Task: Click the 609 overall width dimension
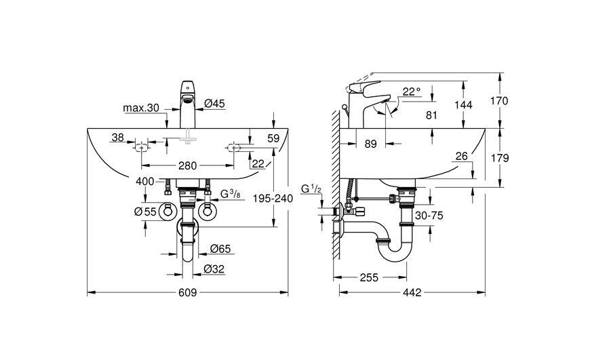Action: pos(187,292)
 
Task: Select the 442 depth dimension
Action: pos(412,292)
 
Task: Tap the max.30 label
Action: pos(141,108)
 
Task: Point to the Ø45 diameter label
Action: pos(214,103)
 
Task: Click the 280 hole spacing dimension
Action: pos(187,165)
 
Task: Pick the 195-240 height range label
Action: pos(273,198)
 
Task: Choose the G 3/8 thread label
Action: pos(231,194)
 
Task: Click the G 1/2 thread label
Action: pos(311,189)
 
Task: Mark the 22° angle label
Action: pos(411,92)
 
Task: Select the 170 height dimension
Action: pos(499,101)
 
